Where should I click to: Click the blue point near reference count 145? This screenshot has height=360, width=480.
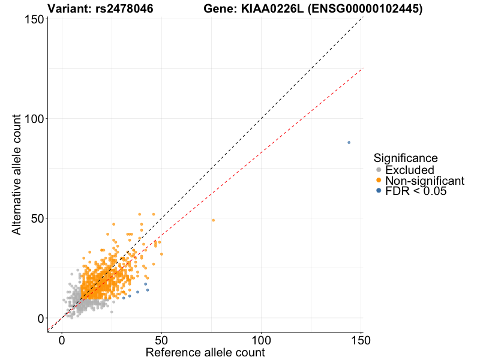coord(349,142)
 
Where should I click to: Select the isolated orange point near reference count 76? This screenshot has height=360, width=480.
coord(213,220)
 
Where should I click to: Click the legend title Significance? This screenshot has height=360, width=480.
coord(406,158)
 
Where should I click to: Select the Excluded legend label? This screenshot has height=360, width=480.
coord(409,170)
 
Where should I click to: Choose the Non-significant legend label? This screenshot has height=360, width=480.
coord(425,181)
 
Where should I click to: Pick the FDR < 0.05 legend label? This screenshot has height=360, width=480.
coord(416,191)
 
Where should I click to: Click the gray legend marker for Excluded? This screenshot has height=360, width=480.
coord(379,170)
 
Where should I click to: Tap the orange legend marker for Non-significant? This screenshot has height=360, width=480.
coord(379,181)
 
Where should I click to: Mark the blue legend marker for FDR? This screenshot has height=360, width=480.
coord(379,191)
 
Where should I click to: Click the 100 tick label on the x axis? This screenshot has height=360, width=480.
coord(261,340)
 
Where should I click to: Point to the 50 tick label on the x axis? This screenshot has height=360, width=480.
coord(161,340)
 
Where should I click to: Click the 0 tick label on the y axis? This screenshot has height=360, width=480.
coord(39,318)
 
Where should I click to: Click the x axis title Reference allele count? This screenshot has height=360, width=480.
coord(205,352)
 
